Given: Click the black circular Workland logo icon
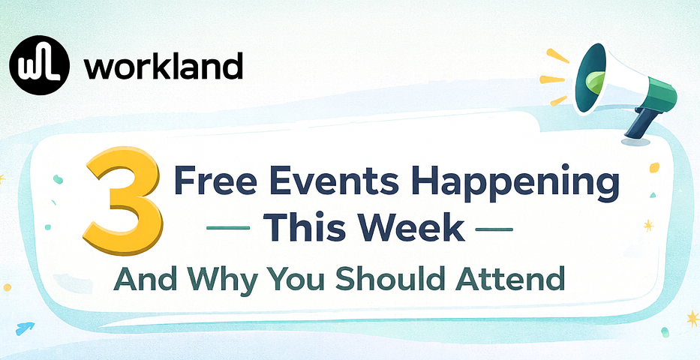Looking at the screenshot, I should point(40,66).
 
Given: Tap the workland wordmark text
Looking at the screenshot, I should point(164,67).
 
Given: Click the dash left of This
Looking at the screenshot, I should point(230,228).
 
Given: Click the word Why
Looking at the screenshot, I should point(212,280).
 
